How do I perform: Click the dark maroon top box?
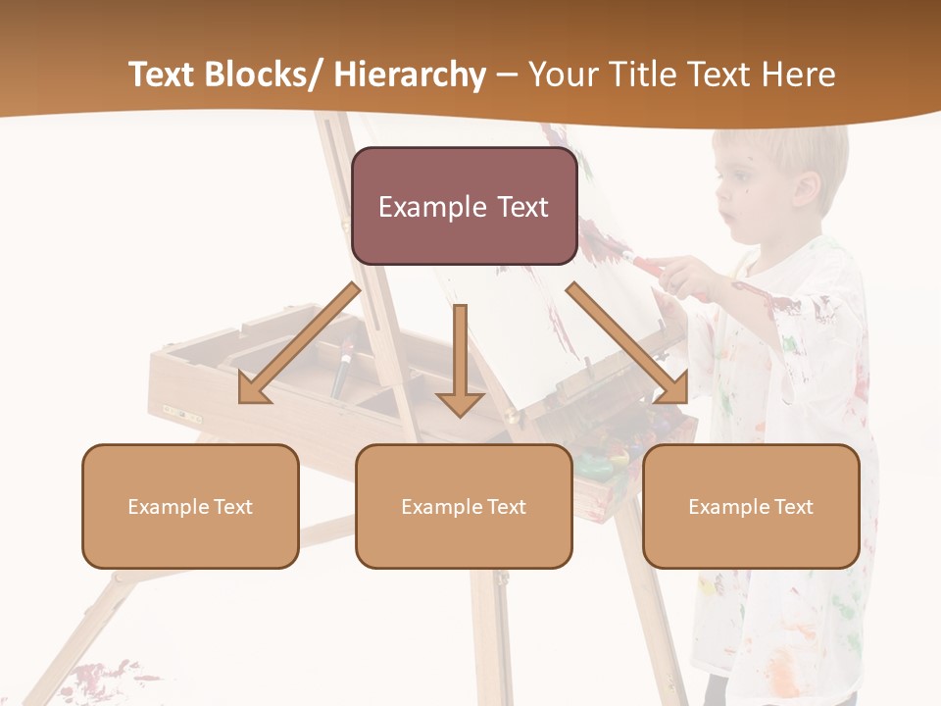tap(464, 206)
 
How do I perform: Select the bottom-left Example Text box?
tap(190, 506)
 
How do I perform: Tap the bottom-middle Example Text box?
tap(464, 506)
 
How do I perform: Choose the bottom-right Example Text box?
tap(751, 506)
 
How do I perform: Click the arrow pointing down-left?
tap(294, 346)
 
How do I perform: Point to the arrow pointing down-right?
tap(627, 344)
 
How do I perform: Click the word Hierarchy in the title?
tap(410, 75)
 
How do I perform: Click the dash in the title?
tap(507, 75)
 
